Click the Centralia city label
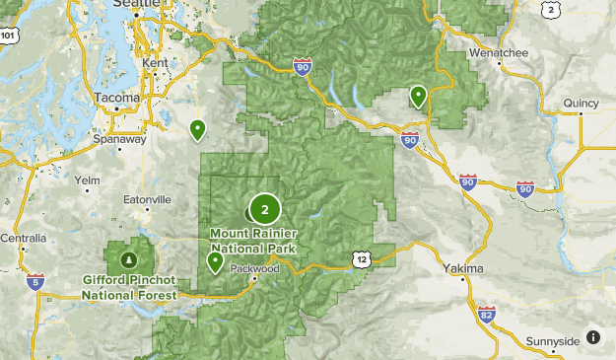(x=23, y=238)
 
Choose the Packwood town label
(x=255, y=268)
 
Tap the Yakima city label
(x=463, y=268)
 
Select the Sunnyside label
(x=553, y=341)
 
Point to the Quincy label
(x=582, y=103)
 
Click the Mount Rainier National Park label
(x=253, y=240)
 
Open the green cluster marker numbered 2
(x=264, y=209)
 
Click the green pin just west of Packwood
(x=215, y=261)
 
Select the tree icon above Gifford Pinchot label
(x=129, y=260)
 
